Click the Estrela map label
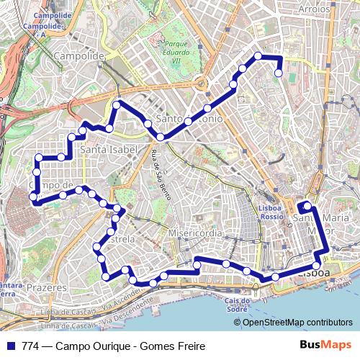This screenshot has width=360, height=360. [120, 238]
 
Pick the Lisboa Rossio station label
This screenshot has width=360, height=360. [270, 212]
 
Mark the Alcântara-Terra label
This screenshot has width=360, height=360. [9, 289]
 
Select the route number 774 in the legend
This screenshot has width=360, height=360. [31, 346]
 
